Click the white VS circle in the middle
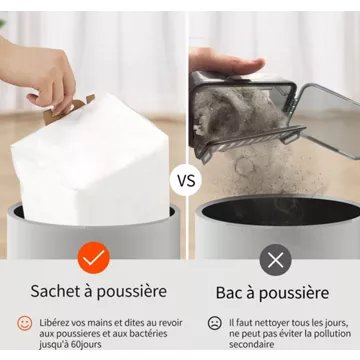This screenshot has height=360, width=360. click(185, 180)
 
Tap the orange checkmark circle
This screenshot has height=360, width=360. click(93, 258)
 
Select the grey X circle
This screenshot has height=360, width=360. click(275, 260)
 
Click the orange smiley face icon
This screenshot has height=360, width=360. click(25, 323)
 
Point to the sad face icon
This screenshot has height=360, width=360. click(215, 323)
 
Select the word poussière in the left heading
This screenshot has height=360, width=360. click(132, 292)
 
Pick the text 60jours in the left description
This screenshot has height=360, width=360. click(86, 344)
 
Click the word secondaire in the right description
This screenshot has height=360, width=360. click(251, 344)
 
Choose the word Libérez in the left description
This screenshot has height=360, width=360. click(53, 323)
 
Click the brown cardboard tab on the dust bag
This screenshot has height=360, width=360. click(67, 109)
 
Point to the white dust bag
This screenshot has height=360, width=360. click(92, 160)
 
